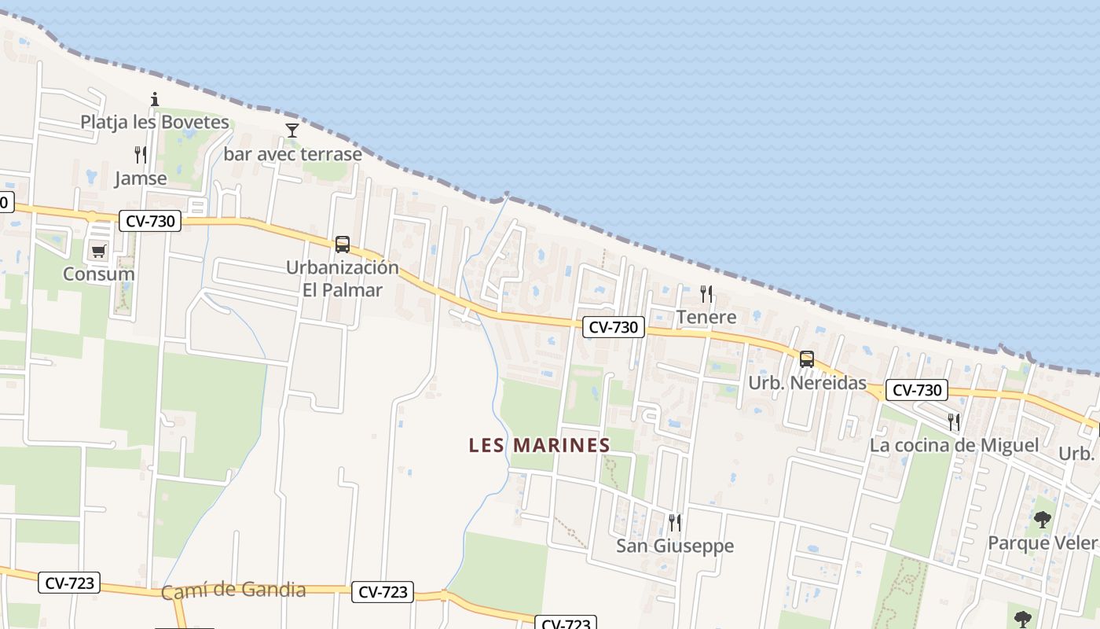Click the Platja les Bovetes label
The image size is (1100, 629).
click(x=155, y=122)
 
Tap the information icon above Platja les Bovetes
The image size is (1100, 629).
click(x=155, y=99)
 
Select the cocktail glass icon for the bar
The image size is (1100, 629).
click(x=292, y=131)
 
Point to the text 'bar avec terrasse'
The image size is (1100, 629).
click(x=292, y=153)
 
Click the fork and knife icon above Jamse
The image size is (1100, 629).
click(x=141, y=155)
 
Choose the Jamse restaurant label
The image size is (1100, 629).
click(x=141, y=178)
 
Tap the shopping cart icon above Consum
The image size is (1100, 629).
click(x=98, y=252)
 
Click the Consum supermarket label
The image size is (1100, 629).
click(x=98, y=274)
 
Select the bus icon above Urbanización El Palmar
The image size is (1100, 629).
click(x=343, y=245)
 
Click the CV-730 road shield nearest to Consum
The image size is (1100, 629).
click(x=151, y=222)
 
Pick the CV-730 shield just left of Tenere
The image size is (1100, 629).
click(x=613, y=327)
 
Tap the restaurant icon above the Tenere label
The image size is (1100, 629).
click(x=706, y=294)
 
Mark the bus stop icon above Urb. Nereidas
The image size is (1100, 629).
click(x=807, y=359)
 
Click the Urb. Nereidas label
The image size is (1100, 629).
click(x=807, y=383)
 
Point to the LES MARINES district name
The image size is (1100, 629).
click(x=539, y=445)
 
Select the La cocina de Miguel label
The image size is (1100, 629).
click(x=954, y=445)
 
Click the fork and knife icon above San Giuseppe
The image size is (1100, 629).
click(x=674, y=522)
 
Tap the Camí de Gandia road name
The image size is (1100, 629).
click(x=233, y=590)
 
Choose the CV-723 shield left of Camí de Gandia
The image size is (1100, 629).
click(x=70, y=583)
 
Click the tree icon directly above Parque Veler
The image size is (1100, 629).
click(x=1042, y=520)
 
